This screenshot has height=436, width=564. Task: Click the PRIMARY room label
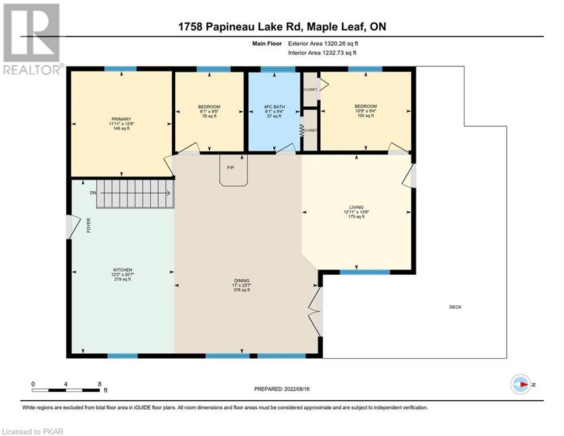121,119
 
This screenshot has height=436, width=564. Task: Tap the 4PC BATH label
274,107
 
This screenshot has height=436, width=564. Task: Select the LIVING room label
356,207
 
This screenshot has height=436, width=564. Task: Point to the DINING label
241,280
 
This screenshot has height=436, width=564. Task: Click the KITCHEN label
122,270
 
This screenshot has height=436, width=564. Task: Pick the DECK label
455,307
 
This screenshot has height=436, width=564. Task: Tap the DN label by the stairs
93,193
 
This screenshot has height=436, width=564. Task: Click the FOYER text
88,225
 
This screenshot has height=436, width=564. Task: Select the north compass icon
520,384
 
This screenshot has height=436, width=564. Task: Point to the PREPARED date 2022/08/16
282,389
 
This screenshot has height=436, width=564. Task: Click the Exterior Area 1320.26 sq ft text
323,44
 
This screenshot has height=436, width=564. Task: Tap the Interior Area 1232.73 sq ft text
323,53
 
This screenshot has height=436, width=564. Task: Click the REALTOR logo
32,39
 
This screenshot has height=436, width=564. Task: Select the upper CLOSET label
311,89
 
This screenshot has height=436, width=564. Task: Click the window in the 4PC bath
278,69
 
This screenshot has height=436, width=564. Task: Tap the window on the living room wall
364,272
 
